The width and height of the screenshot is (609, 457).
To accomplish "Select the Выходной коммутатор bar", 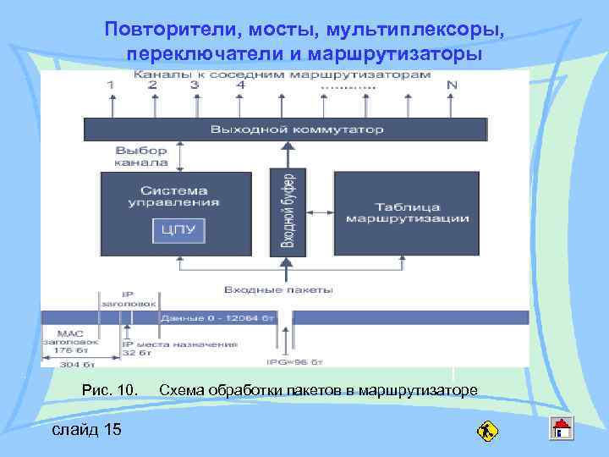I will click(x=285, y=129).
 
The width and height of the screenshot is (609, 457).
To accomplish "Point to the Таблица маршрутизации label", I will click(x=407, y=212).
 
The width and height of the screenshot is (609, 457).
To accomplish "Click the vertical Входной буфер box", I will click(x=287, y=211).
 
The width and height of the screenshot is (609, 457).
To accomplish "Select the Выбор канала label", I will click(x=141, y=156).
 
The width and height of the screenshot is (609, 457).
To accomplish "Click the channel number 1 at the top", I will click(x=111, y=85).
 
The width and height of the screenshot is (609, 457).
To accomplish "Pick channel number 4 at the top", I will click(x=241, y=85).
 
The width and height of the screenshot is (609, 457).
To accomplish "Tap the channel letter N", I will click(x=452, y=85).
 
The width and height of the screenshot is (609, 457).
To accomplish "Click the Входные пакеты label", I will click(x=278, y=290).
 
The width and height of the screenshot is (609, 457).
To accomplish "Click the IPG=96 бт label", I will click(x=296, y=361).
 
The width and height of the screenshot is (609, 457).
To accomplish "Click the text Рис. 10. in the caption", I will click(x=109, y=390).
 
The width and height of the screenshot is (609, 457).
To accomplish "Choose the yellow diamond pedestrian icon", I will click(x=487, y=432).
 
